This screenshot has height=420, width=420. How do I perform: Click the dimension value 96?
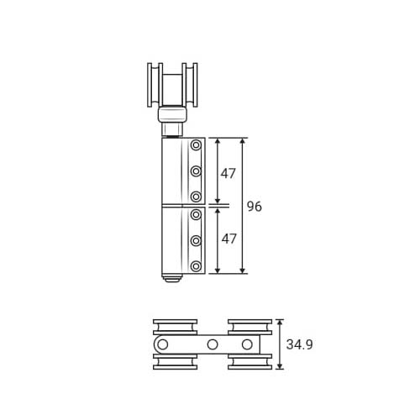pos(255,207)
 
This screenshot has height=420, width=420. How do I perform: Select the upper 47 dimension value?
pos(228,174)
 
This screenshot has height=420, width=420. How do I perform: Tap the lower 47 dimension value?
pos(229,239)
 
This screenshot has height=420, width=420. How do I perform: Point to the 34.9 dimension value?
pos(299,344)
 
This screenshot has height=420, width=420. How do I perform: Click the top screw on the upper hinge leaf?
pos(196,145)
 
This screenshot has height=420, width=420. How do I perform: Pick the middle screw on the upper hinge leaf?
pos(196,171)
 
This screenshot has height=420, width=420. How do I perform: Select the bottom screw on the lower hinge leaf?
pos(196,266)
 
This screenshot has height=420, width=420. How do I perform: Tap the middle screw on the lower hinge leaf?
pos(196,240)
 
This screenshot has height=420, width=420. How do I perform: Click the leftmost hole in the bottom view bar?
pos(163,344)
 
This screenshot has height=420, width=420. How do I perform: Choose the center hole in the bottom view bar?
pos(213,344)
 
